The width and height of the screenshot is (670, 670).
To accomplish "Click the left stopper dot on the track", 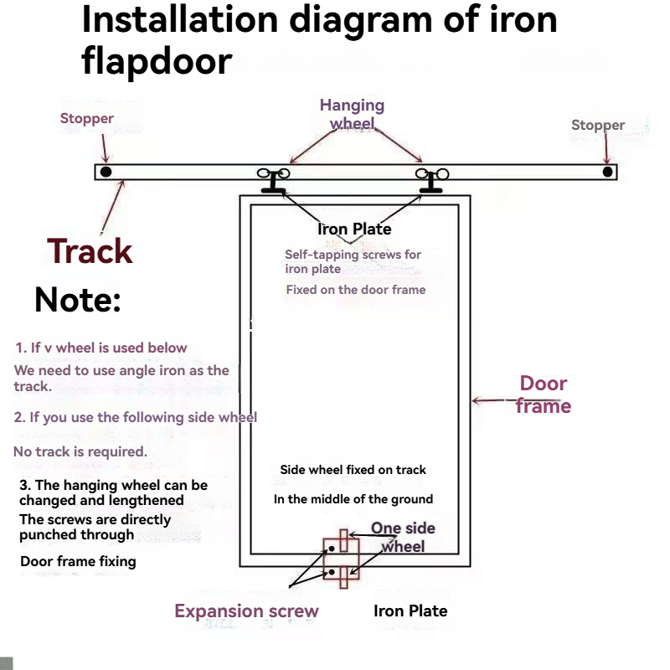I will [x=106, y=172].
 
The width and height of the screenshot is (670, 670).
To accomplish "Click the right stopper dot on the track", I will [x=607, y=172].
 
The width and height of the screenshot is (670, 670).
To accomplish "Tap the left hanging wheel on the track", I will [x=273, y=177].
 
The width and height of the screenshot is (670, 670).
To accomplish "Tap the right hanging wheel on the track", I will [x=432, y=177].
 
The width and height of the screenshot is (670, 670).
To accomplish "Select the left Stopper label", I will [x=86, y=119].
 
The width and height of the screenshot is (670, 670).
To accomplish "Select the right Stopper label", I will [x=598, y=126].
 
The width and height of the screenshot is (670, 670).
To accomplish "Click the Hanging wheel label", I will [x=352, y=115].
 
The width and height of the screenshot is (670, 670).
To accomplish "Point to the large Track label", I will [x=90, y=251].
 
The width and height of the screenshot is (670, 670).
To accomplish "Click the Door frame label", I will [x=544, y=394].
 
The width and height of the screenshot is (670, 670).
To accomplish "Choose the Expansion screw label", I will [x=246, y=611].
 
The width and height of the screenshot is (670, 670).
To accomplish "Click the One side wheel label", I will [x=403, y=537].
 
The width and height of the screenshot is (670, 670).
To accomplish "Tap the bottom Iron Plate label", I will [x=410, y=611].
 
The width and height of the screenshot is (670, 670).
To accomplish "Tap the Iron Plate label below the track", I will [x=354, y=229].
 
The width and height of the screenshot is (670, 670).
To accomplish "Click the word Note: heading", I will [x=78, y=300].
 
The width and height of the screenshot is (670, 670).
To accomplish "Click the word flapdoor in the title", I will [x=157, y=61].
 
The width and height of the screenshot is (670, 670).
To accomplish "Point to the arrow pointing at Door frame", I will [x=490, y=401].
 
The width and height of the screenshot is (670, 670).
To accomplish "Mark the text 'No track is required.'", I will [x=80, y=451].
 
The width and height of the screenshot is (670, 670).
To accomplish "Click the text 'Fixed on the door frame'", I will [x=356, y=290].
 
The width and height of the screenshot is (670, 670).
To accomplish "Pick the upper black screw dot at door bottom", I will [x=332, y=549].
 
